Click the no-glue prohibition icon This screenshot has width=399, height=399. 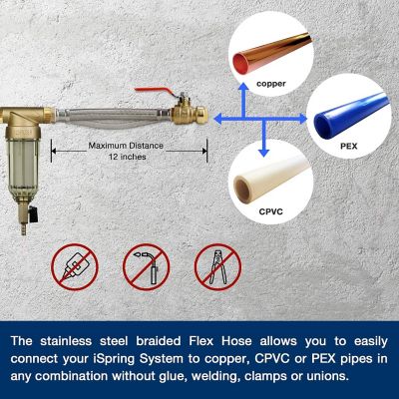73,267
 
